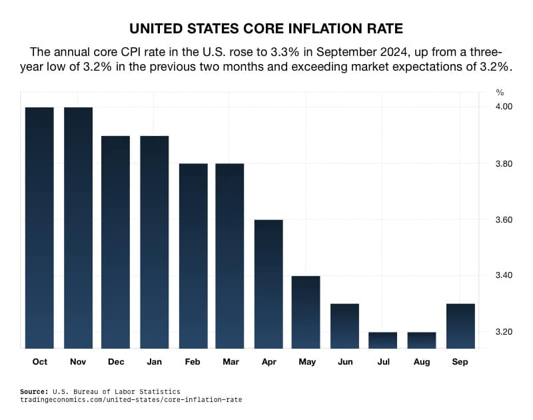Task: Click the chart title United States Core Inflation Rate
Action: [266, 29]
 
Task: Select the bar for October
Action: [39, 227]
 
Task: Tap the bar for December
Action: [115, 241]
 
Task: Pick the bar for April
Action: [268, 283]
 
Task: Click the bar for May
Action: [306, 311]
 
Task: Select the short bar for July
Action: [382, 340]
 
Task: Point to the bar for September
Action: [460, 325]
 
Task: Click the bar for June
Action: [344, 325]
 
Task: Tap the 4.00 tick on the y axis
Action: [503, 107]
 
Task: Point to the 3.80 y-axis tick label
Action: [503, 163]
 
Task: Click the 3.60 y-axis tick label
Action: [503, 219]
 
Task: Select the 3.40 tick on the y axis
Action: [503, 275]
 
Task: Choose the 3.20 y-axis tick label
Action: [503, 331]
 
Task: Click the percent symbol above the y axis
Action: [500, 92]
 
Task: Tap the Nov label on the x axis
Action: [78, 361]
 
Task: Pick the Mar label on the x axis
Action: [231, 361]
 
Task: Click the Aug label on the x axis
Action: [421, 361]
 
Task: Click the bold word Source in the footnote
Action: [37, 391]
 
